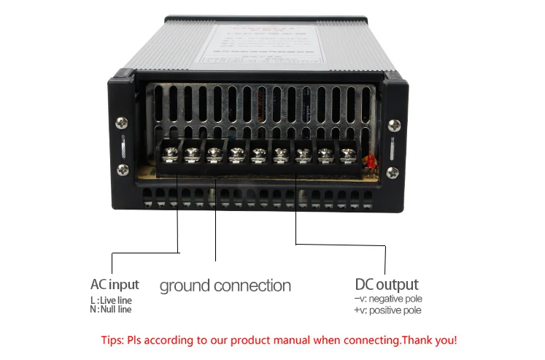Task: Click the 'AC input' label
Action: (x=115, y=284)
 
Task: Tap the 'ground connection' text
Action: (x=225, y=286)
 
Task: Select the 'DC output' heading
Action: (x=387, y=284)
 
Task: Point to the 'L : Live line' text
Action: (x=110, y=300)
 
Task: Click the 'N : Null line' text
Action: (x=110, y=310)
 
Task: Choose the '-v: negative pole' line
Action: (x=387, y=299)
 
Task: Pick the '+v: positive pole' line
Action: (x=387, y=310)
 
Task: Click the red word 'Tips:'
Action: (x=112, y=340)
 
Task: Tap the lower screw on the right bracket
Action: (x=394, y=172)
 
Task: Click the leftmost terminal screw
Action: (x=169, y=154)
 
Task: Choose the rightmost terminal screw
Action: (x=348, y=155)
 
